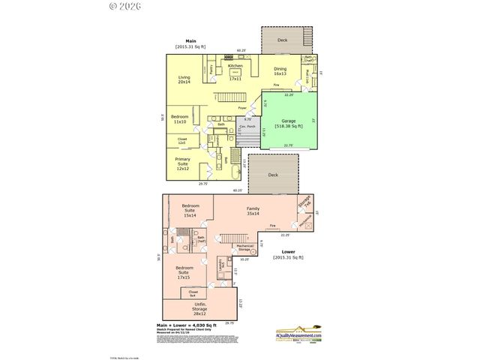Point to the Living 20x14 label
pos(184,80)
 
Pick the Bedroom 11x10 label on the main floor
pos(180,118)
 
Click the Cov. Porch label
pos(247,127)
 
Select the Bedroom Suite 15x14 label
pos(184,213)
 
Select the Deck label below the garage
pos(272,174)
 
